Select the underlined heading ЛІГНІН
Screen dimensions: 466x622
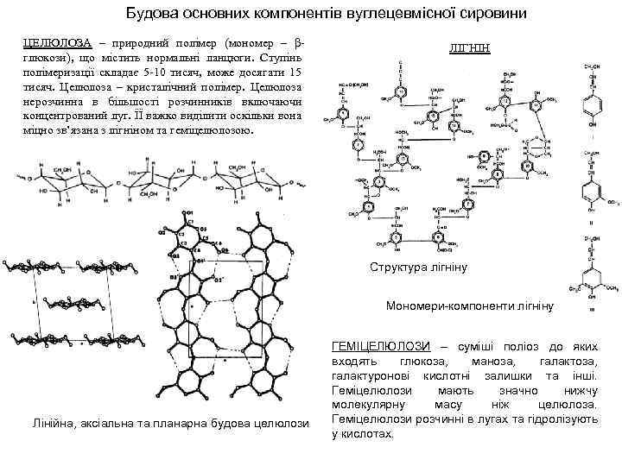point(470,49)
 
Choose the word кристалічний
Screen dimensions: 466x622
point(133,86)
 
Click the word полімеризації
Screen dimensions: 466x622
point(59,72)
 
